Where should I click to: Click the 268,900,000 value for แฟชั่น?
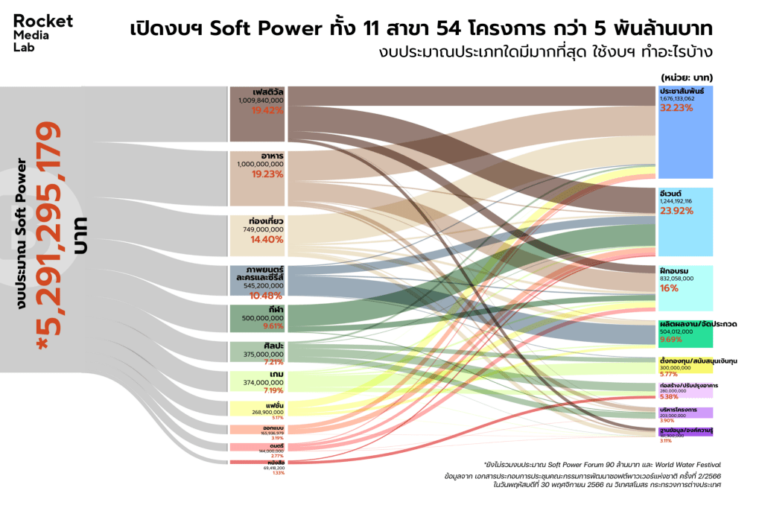(267, 411)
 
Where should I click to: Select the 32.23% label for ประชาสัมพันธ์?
(676, 107)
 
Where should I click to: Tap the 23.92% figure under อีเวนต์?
(676, 211)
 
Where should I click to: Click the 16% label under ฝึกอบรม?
(669, 288)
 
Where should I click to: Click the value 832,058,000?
(676, 278)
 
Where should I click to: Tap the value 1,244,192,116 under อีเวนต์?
(676, 201)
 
